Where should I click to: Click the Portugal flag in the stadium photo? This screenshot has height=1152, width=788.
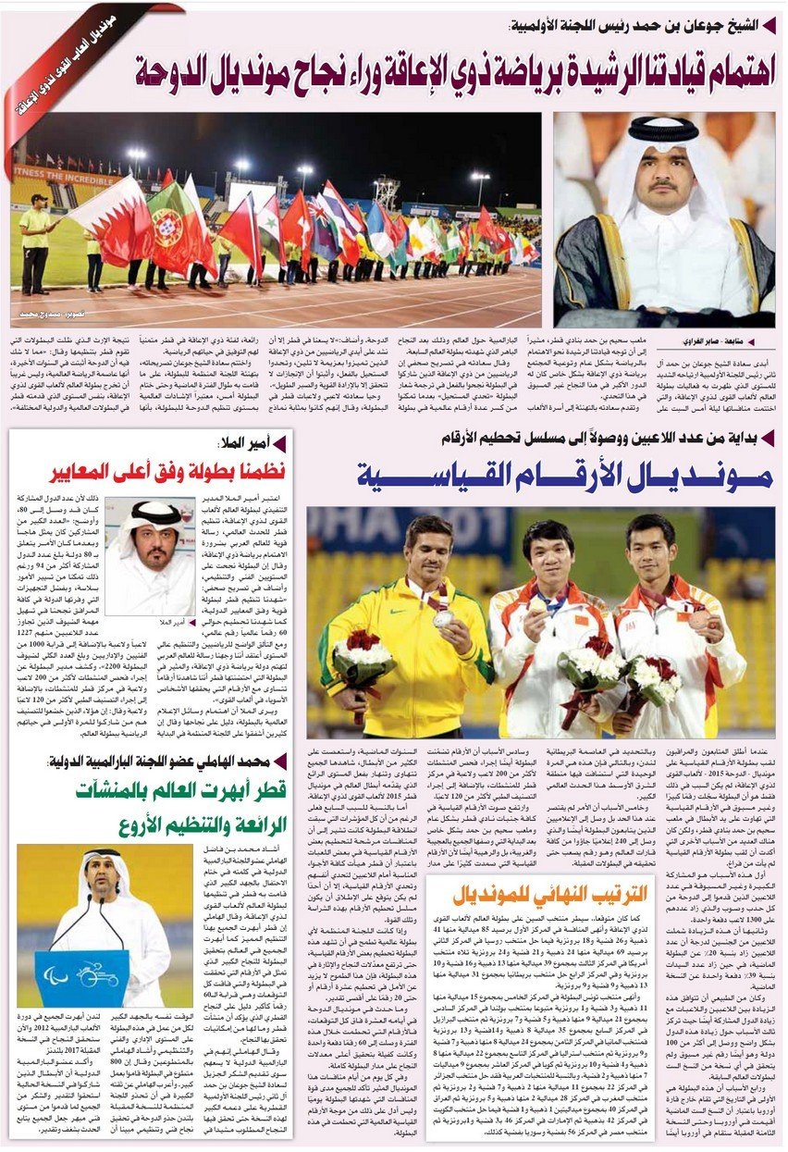point(170,217)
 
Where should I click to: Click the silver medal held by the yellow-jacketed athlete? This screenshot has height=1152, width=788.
point(444,618)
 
